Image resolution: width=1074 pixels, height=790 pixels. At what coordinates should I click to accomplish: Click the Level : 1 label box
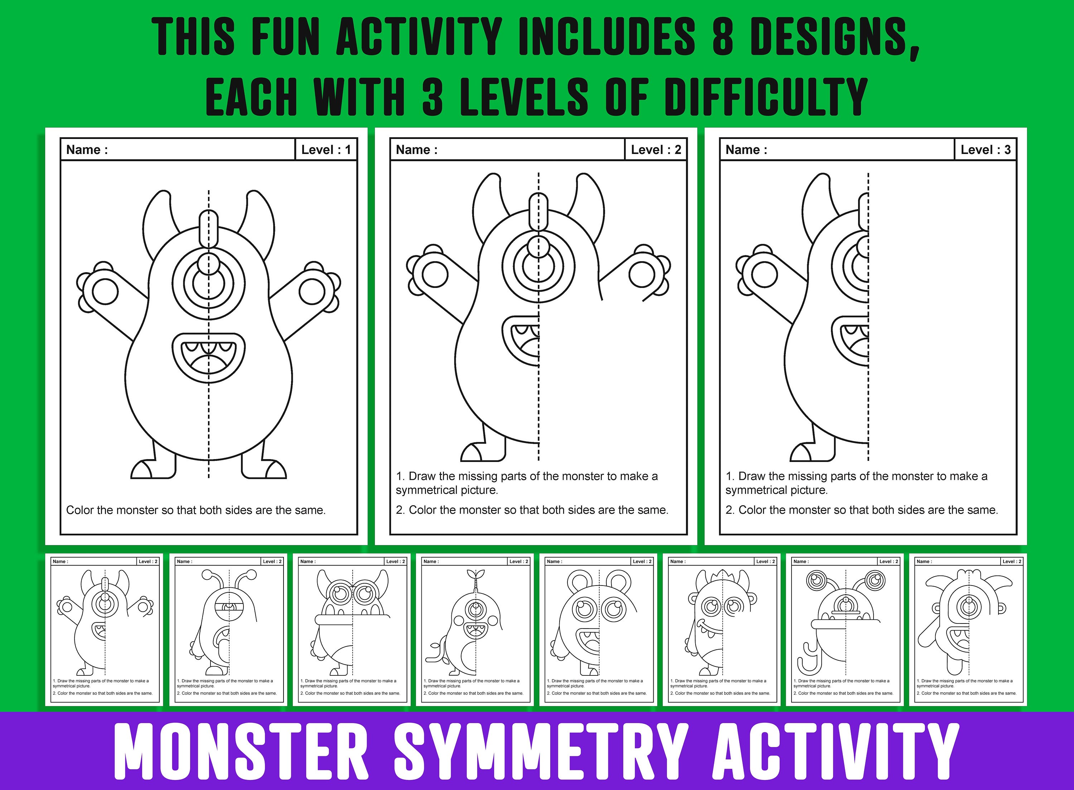tap(326, 150)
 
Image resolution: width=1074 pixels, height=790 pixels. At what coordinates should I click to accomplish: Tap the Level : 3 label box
tap(985, 150)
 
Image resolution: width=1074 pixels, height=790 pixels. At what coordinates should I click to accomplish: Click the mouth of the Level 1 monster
tap(208, 357)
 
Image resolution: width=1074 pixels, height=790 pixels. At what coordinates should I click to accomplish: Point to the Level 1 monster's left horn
tap(158, 215)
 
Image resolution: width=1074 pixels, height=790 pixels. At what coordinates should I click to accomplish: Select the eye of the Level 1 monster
tap(208, 282)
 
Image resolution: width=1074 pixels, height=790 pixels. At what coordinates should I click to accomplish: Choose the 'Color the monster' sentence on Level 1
tap(195, 510)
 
